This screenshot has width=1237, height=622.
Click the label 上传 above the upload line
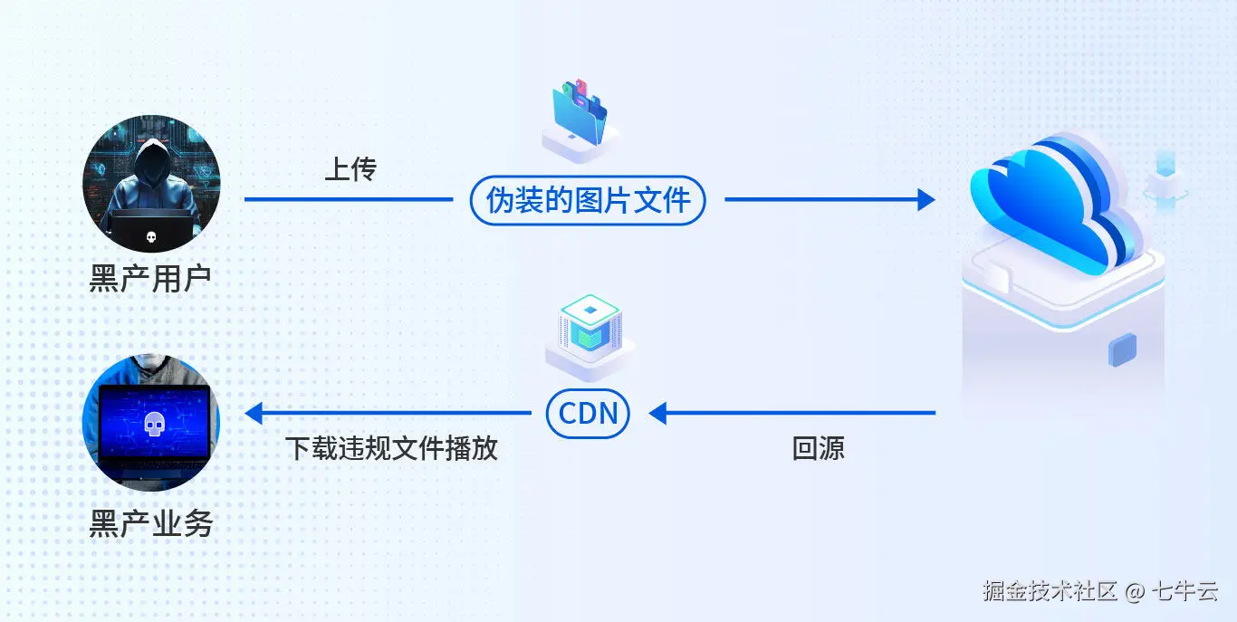(350, 168)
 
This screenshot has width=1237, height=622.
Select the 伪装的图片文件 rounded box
(588, 200)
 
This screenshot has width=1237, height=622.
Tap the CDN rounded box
(588, 414)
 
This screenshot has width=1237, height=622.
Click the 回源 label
(818, 448)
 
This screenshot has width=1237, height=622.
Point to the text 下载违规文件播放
(392, 448)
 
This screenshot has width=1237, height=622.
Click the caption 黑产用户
(150, 278)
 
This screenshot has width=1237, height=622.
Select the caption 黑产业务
(150, 523)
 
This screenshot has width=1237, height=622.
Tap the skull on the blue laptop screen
(154, 423)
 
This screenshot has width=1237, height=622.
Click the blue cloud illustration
(1050, 204)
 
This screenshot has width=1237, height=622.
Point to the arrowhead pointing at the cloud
(926, 200)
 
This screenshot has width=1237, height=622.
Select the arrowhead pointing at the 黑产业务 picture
(254, 414)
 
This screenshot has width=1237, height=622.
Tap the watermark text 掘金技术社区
(1050, 591)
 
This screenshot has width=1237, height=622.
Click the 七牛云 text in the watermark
(1184, 591)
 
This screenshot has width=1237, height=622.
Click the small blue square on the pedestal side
(1122, 349)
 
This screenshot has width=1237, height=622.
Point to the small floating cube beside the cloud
(1165, 179)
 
